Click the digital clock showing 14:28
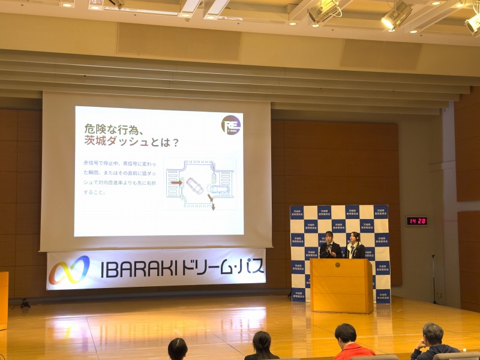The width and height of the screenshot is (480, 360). click(416, 221)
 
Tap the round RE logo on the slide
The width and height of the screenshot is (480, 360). click(231, 125)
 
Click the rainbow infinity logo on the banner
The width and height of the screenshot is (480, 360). click(69, 270)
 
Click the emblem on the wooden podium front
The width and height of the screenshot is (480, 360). click(338, 265)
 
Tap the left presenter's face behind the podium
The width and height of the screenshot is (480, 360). click(329, 236)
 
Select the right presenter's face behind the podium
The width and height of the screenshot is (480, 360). click(355, 237)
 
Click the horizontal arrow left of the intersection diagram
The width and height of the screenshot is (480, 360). click(176, 182)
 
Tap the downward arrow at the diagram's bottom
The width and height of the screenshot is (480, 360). click(212, 206)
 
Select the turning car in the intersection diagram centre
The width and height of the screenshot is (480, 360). click(194, 185)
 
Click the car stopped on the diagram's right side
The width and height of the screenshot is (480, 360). click(220, 191)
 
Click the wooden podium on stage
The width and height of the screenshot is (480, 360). click(341, 285)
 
